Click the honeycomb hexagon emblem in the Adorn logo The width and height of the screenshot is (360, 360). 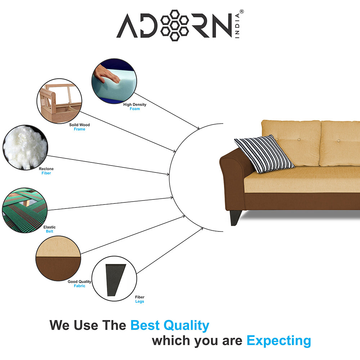pos(175,26)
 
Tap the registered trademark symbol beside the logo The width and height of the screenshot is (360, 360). pos(242,12)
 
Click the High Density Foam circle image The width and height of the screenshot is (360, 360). pos(114,81)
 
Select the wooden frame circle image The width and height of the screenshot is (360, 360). pos(59,101)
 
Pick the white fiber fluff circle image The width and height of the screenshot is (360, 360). pos(25,147)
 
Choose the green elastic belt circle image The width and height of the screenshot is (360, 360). pos(24,210)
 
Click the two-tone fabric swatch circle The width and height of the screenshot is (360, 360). pos(58,258)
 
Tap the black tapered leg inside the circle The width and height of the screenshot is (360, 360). pos(115,280)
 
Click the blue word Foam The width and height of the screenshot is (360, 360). pos(135,109)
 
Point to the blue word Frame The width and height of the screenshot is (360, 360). pos(80,129)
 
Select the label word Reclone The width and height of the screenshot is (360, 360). pos(46,169)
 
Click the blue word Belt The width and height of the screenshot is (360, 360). pos(49,231)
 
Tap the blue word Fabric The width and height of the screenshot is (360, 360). pos(80,286)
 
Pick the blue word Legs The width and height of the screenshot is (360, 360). pos(140,301)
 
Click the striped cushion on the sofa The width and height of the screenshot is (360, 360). pos(264,154)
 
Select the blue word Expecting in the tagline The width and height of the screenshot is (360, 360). pos(279,341)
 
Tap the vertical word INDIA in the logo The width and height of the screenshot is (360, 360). pos(237,26)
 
